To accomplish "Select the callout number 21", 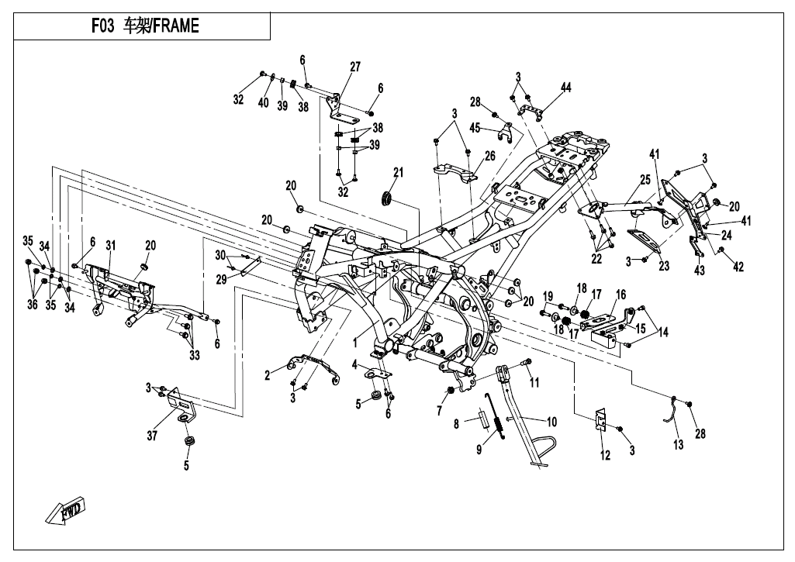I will pos(398,172).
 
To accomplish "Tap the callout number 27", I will pos(354,67).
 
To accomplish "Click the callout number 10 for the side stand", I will pos(552,422).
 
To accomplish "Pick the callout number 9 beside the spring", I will pos(479,450).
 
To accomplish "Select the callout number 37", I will pos(152,436).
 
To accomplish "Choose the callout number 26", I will pos(489,155).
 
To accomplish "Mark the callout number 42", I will pos(738,267).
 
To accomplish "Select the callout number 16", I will pos(620,295).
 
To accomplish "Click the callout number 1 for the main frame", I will pos(355,341).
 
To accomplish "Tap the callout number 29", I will pos(221,278).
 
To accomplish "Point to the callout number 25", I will pos(645,181).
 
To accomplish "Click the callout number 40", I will pos(263,104).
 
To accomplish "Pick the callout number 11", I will pos(534,383).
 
